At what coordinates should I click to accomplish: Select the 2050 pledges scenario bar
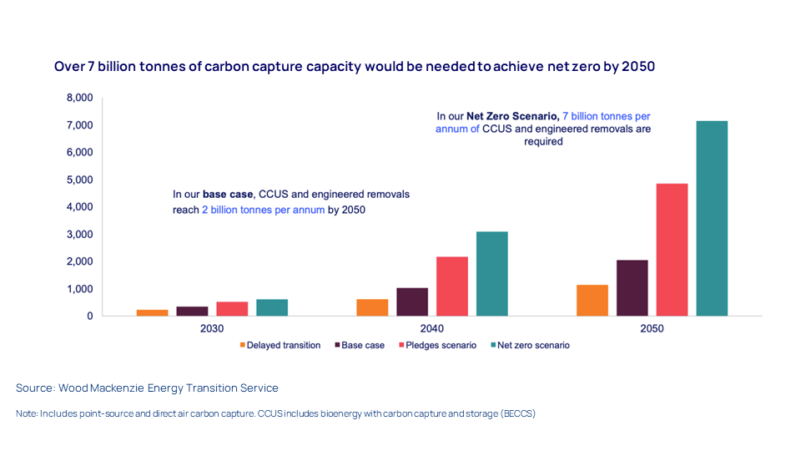click(672, 250)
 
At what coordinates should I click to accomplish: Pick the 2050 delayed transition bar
click(592, 301)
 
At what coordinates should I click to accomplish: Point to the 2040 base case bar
click(411, 302)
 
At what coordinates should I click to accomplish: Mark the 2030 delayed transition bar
click(152, 313)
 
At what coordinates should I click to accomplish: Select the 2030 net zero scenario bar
click(272, 307)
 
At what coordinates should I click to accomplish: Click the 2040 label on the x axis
click(432, 328)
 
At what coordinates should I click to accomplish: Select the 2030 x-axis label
click(212, 328)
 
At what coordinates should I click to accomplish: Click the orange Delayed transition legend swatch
click(242, 345)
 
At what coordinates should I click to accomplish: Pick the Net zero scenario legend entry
click(532, 345)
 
